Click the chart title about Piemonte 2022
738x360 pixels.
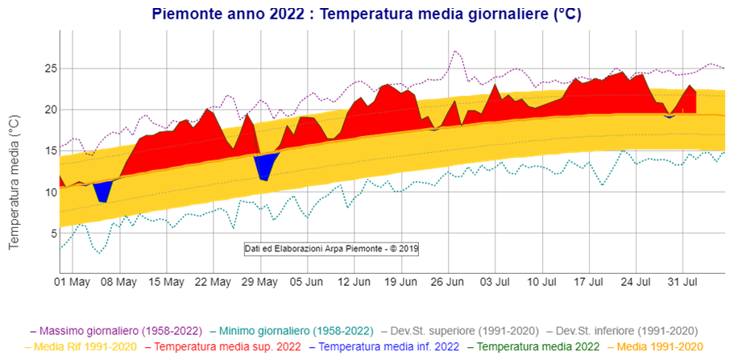367,14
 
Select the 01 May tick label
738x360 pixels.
72,283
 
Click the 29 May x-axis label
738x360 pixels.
259,283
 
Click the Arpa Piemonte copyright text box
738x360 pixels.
332,248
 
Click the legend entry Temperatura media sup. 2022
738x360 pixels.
221,348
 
